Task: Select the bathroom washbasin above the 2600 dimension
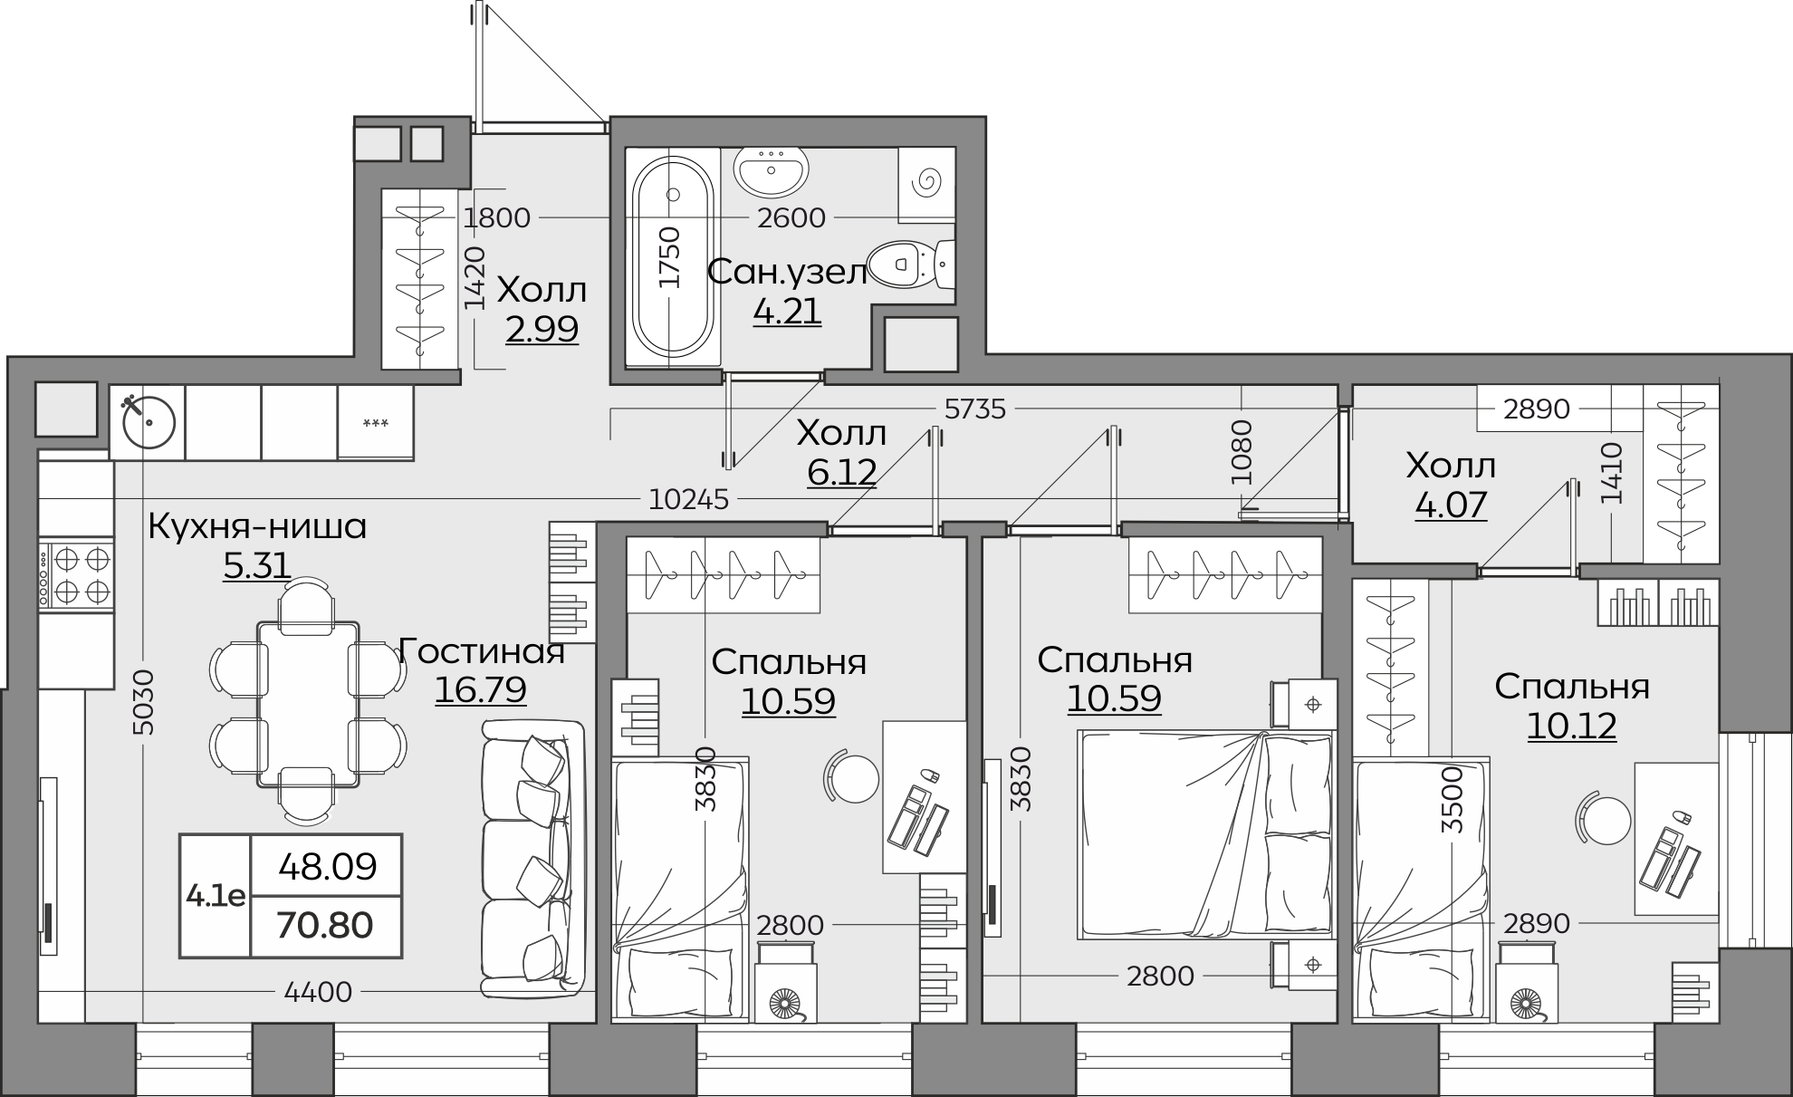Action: click(x=771, y=172)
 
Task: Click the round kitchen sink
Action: click(x=148, y=422)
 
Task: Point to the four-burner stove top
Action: click(x=76, y=573)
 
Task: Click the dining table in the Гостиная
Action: click(x=308, y=704)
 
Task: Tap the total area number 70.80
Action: click(x=324, y=926)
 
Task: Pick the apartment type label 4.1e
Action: click(x=216, y=896)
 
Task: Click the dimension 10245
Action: click(x=689, y=499)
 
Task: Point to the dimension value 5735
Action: click(x=974, y=409)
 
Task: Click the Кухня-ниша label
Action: click(x=257, y=526)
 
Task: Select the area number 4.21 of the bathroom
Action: click(x=787, y=312)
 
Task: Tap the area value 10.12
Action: click(x=1571, y=726)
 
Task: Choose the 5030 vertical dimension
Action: click(x=144, y=702)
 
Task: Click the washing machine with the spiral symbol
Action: click(x=926, y=185)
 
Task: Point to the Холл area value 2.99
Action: click(x=542, y=330)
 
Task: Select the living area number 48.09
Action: click(x=328, y=867)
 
